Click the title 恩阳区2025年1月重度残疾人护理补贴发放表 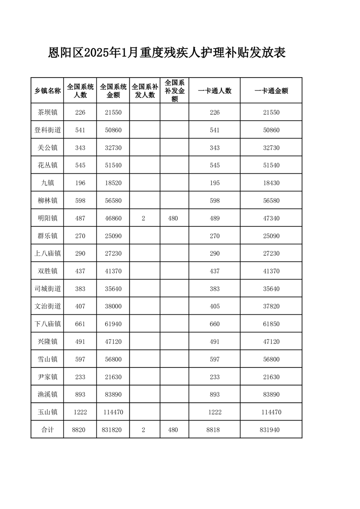click(x=167, y=53)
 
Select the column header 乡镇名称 click(x=48, y=91)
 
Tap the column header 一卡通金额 click(x=271, y=91)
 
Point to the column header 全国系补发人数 click(x=144, y=91)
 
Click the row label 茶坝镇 click(x=48, y=113)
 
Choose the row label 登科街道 click(x=48, y=130)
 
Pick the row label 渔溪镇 click(x=48, y=395)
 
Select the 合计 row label click(x=48, y=430)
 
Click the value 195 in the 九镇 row click(x=215, y=183)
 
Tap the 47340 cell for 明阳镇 click(x=271, y=218)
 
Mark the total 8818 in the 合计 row click(x=215, y=430)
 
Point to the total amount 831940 click(x=271, y=430)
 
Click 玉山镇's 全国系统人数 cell click(x=80, y=412)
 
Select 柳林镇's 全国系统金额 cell click(x=113, y=201)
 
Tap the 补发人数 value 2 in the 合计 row click(x=143, y=430)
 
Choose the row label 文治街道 click(x=48, y=306)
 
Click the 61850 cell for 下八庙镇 click(x=271, y=324)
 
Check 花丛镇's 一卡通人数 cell click(x=215, y=165)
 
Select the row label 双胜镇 click(x=48, y=271)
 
